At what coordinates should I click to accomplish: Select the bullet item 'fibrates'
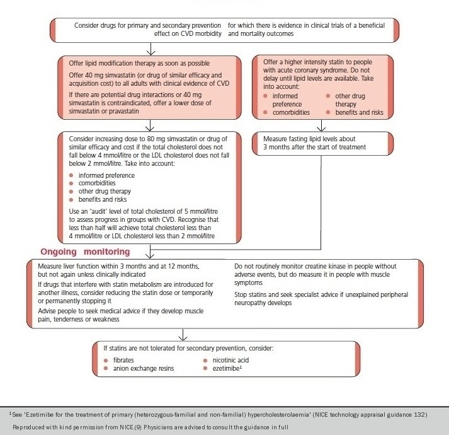125,359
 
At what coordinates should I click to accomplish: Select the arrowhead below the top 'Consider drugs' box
150,50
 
